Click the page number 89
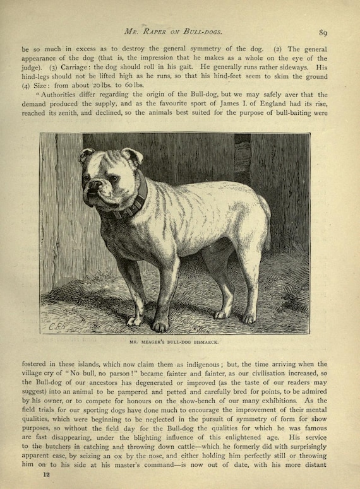[323, 33]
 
